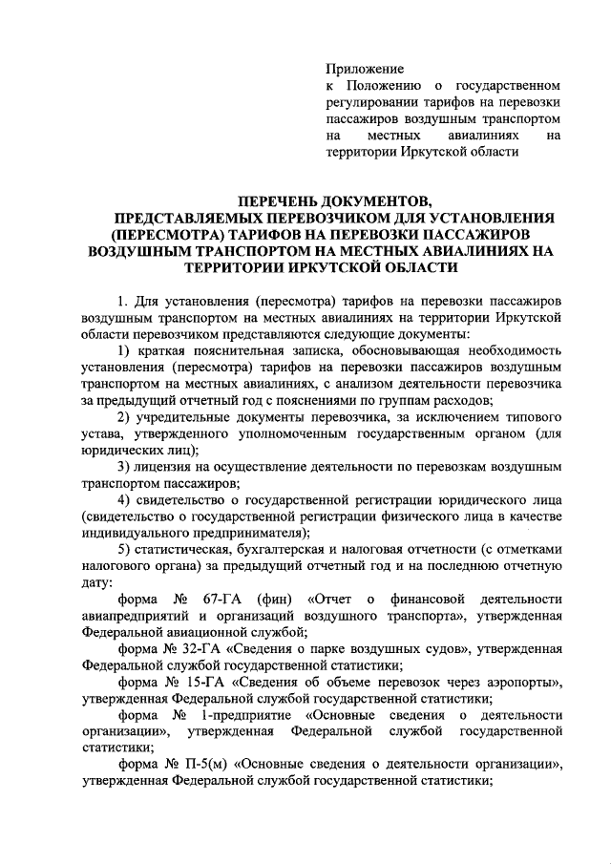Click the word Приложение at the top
click(366, 69)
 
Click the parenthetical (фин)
click(275, 599)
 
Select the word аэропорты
click(515, 682)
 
